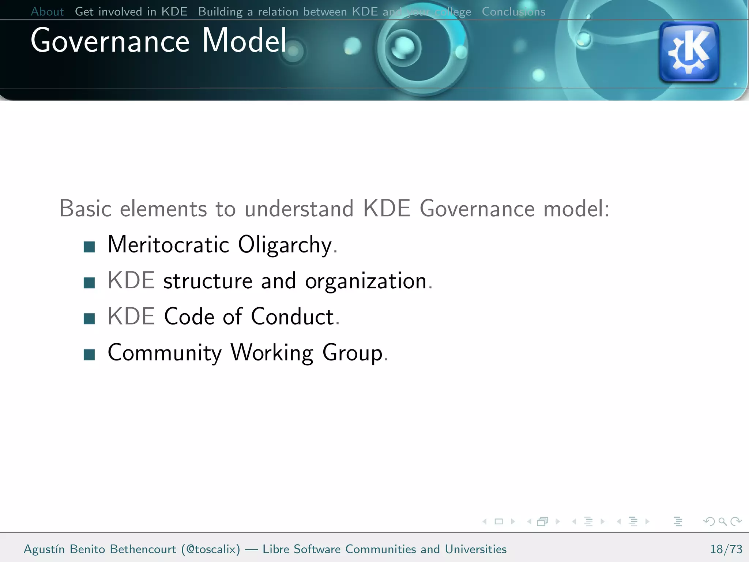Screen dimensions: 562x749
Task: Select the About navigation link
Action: (x=47, y=12)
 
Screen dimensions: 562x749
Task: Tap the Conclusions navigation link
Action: (x=513, y=12)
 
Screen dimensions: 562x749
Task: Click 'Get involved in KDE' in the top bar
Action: (x=131, y=12)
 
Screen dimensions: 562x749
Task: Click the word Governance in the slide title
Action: (x=110, y=41)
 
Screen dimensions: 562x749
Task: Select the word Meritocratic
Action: (x=168, y=244)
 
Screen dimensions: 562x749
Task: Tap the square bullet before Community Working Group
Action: (x=89, y=355)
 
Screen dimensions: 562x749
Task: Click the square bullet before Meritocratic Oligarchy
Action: (x=89, y=247)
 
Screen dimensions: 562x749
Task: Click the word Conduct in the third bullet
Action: (x=293, y=316)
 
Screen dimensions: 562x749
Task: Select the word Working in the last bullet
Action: (x=272, y=353)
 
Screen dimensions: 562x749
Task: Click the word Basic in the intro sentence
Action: (x=85, y=209)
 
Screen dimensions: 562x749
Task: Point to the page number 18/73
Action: (x=726, y=549)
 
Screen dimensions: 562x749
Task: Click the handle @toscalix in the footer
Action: (x=211, y=549)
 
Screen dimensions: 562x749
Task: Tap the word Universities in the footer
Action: (x=475, y=549)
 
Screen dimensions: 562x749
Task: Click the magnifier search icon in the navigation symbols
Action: (x=722, y=521)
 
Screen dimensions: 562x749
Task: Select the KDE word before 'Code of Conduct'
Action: (x=131, y=316)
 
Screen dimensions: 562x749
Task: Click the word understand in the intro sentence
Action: (x=299, y=209)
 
